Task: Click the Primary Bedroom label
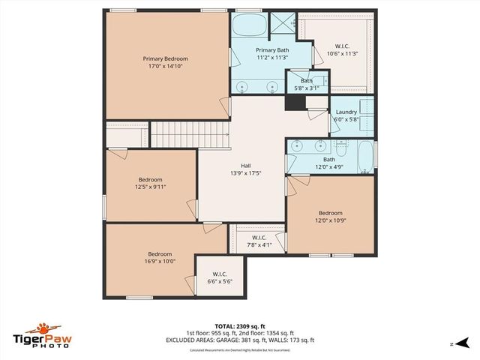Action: [x=166, y=58]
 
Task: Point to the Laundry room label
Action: [x=346, y=112]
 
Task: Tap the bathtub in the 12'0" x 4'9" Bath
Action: [x=365, y=156]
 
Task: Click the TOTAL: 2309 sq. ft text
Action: [x=240, y=326]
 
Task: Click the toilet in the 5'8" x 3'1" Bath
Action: [x=319, y=81]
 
